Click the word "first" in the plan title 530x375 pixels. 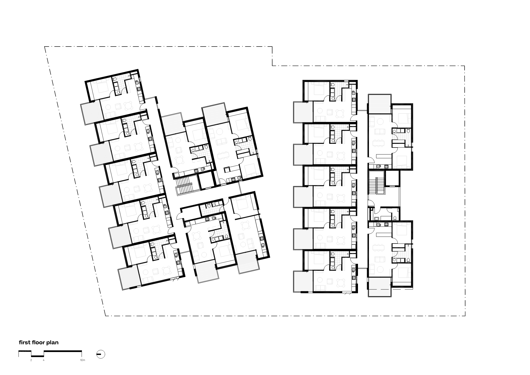coord(25,342)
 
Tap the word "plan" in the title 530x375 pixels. coord(53,343)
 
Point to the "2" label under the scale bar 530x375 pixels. coord(31,360)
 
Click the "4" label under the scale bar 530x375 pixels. coord(44,360)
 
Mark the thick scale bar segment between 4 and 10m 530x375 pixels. coord(63,351)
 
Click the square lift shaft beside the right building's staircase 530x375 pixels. coord(392,178)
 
